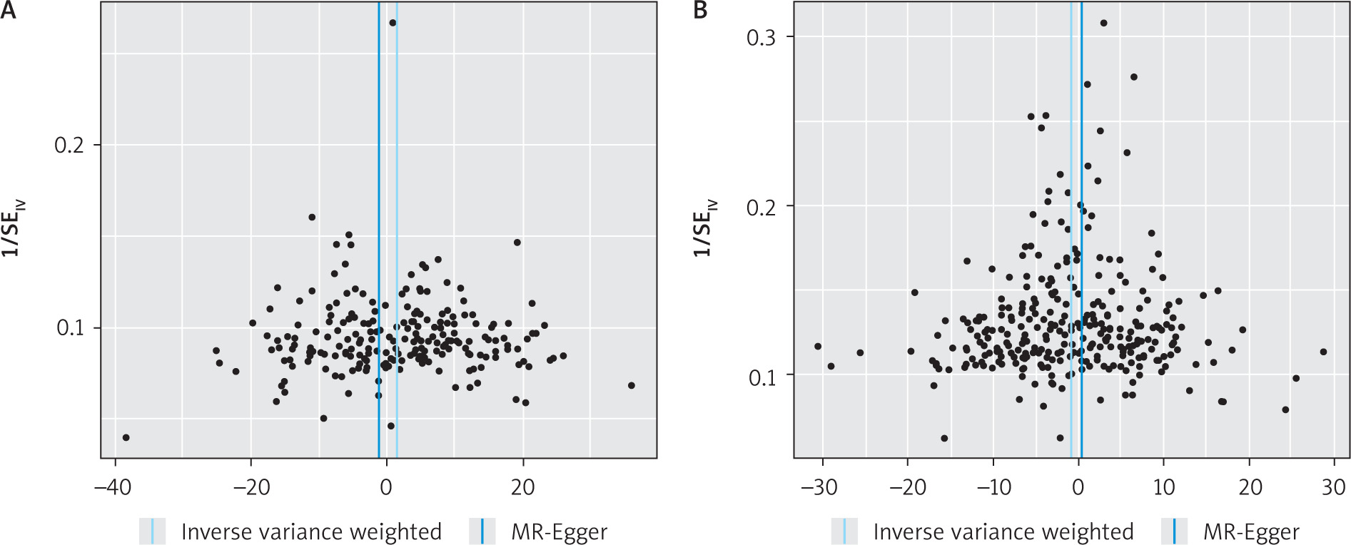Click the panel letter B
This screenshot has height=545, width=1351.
click(x=700, y=11)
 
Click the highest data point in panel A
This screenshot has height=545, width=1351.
click(x=393, y=23)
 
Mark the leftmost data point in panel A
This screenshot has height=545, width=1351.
click(x=126, y=437)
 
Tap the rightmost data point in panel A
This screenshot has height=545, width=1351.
click(x=631, y=385)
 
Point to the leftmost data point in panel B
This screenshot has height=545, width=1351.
click(x=818, y=347)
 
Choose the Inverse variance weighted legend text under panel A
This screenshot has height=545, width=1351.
click(x=311, y=531)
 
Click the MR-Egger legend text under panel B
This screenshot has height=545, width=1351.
click(x=1251, y=531)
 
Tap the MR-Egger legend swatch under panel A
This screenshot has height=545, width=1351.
click(x=482, y=531)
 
